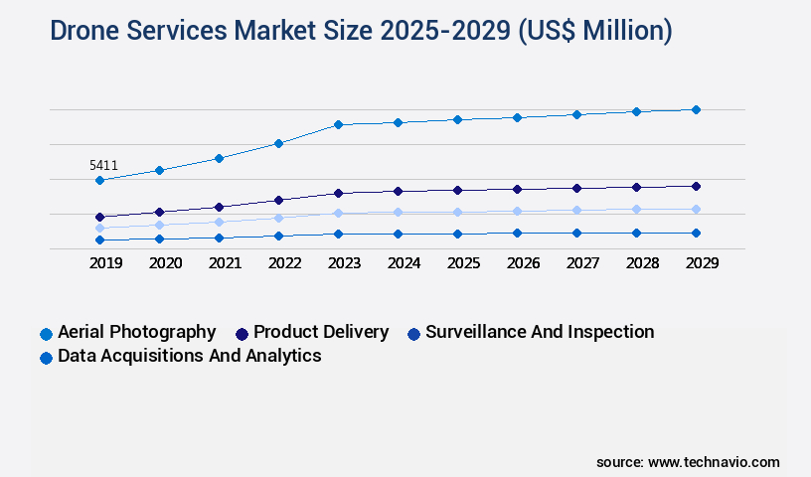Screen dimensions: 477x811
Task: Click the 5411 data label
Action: (103, 165)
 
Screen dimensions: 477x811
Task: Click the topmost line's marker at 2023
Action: (338, 124)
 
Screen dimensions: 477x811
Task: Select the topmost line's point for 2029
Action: (696, 109)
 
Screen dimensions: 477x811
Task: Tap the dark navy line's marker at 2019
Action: (99, 217)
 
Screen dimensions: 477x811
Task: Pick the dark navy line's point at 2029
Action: (696, 186)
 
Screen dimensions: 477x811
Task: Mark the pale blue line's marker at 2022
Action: (278, 218)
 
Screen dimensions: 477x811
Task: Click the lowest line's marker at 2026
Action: (517, 233)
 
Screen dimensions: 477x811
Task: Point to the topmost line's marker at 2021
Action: (219, 158)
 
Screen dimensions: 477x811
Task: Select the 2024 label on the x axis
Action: (404, 263)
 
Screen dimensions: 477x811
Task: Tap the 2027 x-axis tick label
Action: (582, 263)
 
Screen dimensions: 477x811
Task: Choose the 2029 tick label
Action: (702, 263)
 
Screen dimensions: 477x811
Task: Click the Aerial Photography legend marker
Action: (46, 334)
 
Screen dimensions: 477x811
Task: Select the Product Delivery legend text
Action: (320, 332)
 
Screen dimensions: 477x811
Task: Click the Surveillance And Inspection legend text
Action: (539, 332)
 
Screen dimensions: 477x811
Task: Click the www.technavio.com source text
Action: (714, 462)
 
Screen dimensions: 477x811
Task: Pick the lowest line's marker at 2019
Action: (99, 239)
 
